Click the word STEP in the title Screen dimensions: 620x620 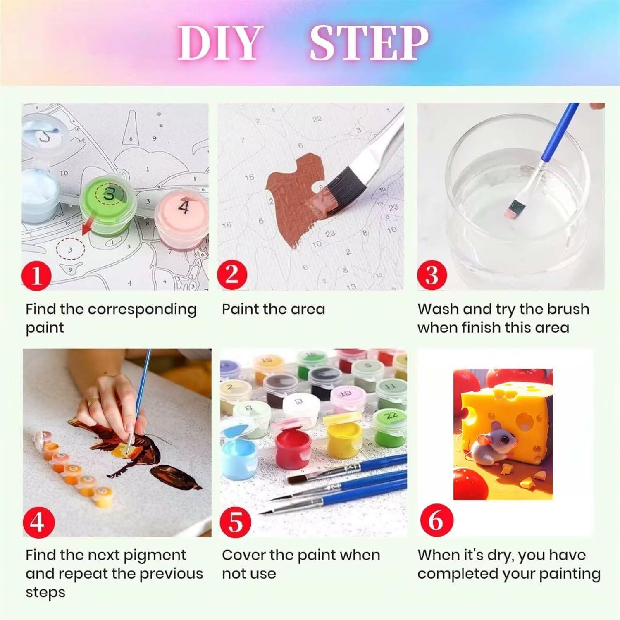tap(369, 43)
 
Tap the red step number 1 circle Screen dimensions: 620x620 tap(37, 274)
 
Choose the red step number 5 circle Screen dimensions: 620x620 tap(236, 522)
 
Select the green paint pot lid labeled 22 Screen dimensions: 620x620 tap(391, 415)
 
